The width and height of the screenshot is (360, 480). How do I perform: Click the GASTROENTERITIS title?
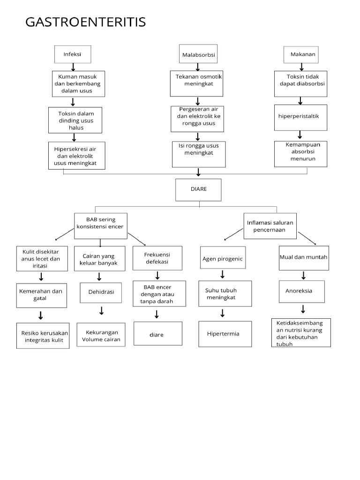point(86,22)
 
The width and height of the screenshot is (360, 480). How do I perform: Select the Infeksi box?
point(73,54)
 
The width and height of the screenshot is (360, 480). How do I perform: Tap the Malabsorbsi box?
point(198,55)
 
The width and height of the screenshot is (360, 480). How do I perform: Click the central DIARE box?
point(198,190)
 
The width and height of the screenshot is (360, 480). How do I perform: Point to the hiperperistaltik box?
point(300,117)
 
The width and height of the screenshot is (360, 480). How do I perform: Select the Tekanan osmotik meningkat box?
point(196,83)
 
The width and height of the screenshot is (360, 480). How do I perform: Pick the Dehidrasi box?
point(101,292)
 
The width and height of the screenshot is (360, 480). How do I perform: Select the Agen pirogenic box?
point(223,258)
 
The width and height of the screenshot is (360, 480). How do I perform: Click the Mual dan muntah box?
point(303,257)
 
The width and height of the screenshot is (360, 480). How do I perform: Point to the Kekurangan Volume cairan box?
point(101,335)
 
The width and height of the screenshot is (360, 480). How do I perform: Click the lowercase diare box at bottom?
point(157,334)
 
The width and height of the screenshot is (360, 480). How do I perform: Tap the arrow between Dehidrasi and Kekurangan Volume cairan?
point(101,311)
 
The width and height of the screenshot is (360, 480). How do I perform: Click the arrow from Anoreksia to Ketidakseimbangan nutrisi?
point(303,309)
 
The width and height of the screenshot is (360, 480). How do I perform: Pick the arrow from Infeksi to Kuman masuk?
point(73,67)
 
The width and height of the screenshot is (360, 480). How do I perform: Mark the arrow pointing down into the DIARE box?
point(198,173)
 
